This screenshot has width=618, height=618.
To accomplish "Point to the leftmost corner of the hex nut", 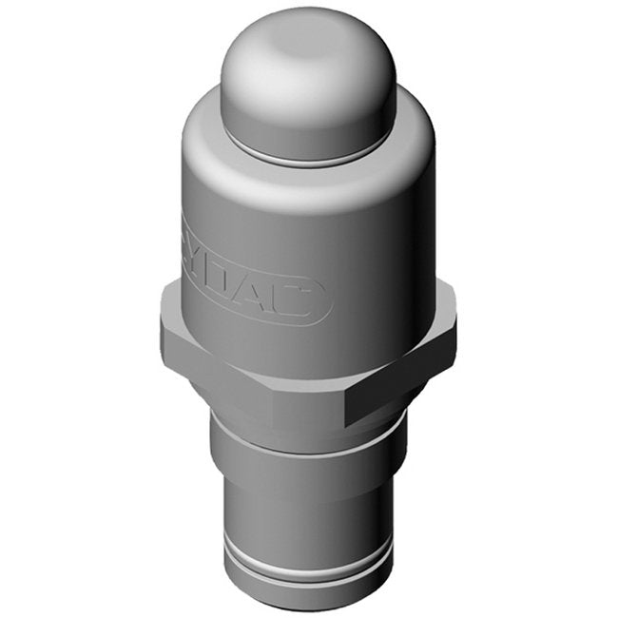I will (162, 328).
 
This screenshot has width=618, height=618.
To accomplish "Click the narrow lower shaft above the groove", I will (304, 513).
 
